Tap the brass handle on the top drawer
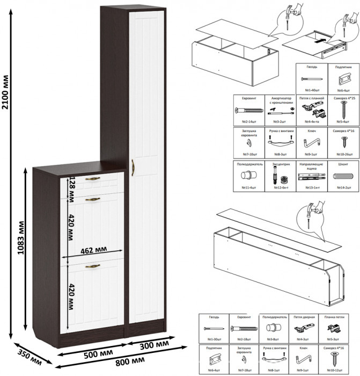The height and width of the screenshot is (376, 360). coord(94,178)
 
